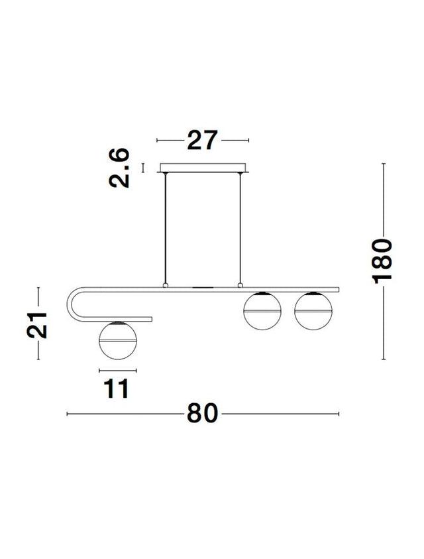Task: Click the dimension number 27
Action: click(202, 140)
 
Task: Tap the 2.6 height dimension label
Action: click(119, 168)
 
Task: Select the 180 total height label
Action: click(382, 262)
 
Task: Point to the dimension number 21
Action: click(37, 325)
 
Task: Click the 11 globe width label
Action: click(117, 389)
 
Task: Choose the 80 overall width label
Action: click(202, 414)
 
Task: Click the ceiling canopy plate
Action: click(203, 168)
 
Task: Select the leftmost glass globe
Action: click(117, 340)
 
